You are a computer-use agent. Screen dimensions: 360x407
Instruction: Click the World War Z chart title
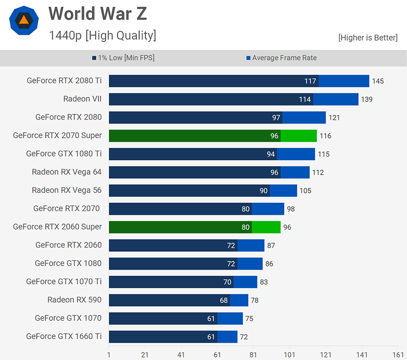point(98,14)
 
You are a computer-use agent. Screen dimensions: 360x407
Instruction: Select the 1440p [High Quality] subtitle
point(102,35)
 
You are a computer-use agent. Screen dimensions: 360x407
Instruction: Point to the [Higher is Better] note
point(368,37)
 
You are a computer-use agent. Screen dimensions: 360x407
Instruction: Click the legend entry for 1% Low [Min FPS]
point(124,58)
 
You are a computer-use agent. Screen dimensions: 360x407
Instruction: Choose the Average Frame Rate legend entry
point(282,58)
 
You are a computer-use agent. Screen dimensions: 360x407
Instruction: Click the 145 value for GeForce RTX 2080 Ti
point(378,81)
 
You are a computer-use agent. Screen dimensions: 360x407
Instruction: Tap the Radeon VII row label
point(82,99)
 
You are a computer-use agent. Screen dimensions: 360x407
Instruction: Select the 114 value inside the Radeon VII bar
point(305,100)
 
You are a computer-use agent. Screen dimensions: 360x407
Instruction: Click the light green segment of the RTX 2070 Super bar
point(299,136)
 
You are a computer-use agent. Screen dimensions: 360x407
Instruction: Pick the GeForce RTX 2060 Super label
point(57,226)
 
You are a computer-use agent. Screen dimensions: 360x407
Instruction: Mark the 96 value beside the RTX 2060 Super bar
point(287,227)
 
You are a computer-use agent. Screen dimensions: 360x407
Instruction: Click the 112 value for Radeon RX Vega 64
point(317,172)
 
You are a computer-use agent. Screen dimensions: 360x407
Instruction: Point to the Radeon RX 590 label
point(74,300)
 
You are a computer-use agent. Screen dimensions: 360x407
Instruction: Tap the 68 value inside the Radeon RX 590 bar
point(224,301)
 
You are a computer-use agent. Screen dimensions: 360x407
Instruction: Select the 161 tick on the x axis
point(398,354)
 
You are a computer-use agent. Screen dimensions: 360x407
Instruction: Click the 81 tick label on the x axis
point(253,354)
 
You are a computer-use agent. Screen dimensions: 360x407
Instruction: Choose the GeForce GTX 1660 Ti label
point(64,336)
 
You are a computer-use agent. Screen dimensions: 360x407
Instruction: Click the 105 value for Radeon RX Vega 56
point(305,191)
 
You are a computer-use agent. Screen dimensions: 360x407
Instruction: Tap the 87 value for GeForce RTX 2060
point(271,246)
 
